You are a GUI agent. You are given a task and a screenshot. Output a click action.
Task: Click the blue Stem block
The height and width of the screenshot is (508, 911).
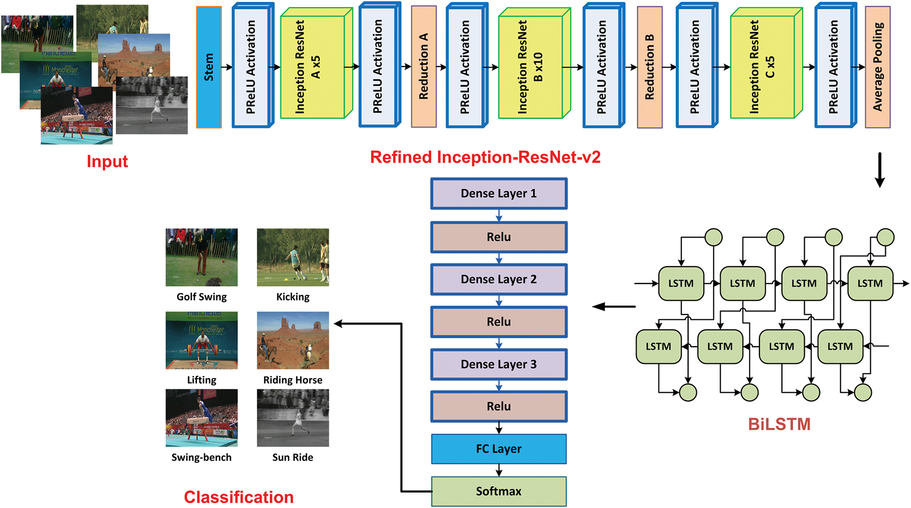pyautogui.click(x=209, y=67)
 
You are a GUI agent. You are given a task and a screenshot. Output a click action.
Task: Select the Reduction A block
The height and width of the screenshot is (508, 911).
pyautogui.click(x=424, y=67)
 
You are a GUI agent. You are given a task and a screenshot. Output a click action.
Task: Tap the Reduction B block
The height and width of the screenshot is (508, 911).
pyautogui.click(x=650, y=67)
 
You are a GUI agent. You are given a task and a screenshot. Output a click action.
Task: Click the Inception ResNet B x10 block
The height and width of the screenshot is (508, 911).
pyautogui.click(x=535, y=63)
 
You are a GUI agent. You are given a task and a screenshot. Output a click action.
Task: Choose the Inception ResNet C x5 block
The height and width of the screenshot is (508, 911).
pyautogui.click(x=766, y=63)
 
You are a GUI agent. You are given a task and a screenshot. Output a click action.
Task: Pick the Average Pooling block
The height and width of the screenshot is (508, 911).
pyautogui.click(x=878, y=67)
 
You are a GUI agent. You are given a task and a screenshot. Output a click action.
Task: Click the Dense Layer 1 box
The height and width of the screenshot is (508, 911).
pyautogui.click(x=499, y=193)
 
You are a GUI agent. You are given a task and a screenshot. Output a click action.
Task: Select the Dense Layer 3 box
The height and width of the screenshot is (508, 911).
pyautogui.click(x=499, y=364)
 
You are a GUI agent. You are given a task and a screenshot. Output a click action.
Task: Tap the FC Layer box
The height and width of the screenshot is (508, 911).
pyautogui.click(x=499, y=449)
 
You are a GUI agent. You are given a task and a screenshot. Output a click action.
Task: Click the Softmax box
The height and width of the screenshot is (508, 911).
pyautogui.click(x=499, y=491)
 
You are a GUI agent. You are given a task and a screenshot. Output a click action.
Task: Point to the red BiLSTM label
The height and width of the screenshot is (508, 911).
pyautogui.click(x=779, y=424)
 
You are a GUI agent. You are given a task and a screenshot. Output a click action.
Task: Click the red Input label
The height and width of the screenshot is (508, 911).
pyautogui.click(x=107, y=161)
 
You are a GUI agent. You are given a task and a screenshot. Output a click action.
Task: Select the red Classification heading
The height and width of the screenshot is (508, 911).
pyautogui.click(x=239, y=497)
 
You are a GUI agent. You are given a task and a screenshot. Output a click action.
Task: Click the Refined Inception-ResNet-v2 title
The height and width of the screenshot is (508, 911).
pyautogui.click(x=485, y=157)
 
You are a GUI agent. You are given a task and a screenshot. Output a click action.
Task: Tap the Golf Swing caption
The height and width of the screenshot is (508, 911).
pyautogui.click(x=202, y=297)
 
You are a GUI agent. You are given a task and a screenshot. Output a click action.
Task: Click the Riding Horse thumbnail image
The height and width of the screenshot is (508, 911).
pyautogui.click(x=293, y=340)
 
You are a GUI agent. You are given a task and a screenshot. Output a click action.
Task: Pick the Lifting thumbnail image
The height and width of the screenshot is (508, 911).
pyautogui.click(x=201, y=340)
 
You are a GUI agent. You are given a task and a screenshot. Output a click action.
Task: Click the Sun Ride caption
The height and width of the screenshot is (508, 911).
pyautogui.click(x=293, y=457)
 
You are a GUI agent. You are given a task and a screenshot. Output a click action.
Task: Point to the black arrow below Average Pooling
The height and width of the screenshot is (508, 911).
pyautogui.click(x=879, y=170)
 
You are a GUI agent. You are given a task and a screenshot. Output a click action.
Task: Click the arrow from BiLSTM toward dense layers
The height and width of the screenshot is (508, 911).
pyautogui.click(x=614, y=307)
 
